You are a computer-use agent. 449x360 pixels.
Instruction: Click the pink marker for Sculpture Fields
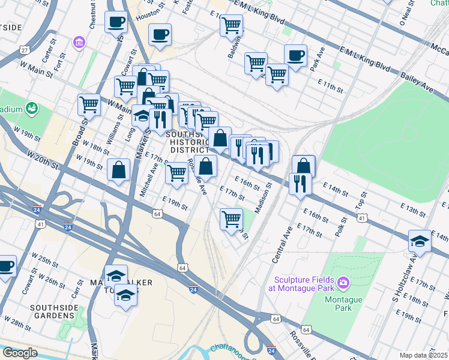click(x=343, y=281)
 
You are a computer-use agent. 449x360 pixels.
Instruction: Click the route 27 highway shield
click(x=24, y=50)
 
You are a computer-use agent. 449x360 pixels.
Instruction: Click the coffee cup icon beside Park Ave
click(x=295, y=55)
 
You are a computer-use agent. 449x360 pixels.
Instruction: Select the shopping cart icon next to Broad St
click(x=89, y=104)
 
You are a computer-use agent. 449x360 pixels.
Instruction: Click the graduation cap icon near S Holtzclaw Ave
click(x=420, y=241)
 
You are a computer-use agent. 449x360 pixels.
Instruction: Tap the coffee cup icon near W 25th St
click(x=5, y=265)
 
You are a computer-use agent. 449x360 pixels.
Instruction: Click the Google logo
click(x=19, y=353)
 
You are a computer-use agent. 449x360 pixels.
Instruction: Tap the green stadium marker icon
click(x=31, y=109)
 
